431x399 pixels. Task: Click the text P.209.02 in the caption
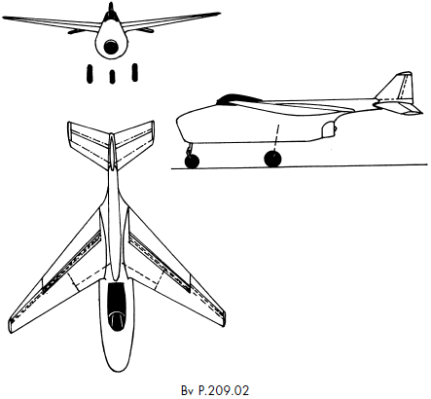pyautogui.click(x=224, y=390)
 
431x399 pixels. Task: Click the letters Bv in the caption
pyautogui.click(x=188, y=390)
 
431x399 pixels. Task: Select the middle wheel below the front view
pyautogui.click(x=112, y=77)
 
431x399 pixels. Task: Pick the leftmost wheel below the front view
pyautogui.click(x=90, y=74)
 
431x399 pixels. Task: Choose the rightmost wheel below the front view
pyautogui.click(x=135, y=72)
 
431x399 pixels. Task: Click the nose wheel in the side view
pyautogui.click(x=192, y=162)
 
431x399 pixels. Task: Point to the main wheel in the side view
pyautogui.click(x=273, y=159)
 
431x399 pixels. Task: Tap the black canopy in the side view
pyautogui.click(x=238, y=97)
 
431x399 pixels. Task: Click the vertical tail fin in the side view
pyautogui.click(x=398, y=87)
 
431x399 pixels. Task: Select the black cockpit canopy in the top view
pyautogui.click(x=116, y=307)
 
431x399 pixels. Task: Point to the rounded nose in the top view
pyautogui.click(x=116, y=357)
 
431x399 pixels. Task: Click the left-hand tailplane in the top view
pyautogui.click(x=88, y=143)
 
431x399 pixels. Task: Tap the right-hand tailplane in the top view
pyautogui.click(x=134, y=143)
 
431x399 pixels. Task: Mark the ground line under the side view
pyautogui.click(x=300, y=166)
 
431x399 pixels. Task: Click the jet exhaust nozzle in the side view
pyautogui.click(x=329, y=128)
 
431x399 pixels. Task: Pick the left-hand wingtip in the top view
pyautogui.click(x=12, y=324)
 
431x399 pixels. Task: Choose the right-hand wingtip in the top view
pyautogui.click(x=222, y=317)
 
